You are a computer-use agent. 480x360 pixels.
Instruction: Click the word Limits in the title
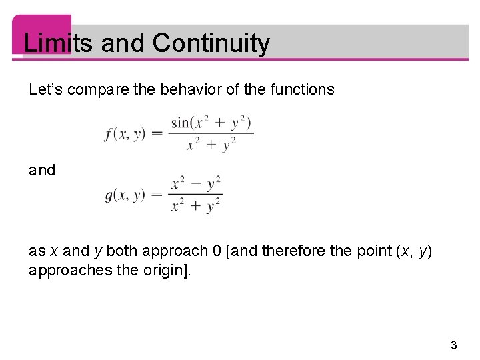coord(58,43)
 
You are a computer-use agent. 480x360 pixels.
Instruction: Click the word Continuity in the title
coord(211,43)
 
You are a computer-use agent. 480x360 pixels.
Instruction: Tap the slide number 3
coord(454,345)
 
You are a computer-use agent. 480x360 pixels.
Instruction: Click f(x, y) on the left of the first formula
coord(125,134)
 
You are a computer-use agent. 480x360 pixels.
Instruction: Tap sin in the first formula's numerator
coord(181,123)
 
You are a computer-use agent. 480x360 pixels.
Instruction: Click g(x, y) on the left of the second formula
coord(125,195)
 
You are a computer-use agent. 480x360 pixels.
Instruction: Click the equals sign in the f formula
coord(157,133)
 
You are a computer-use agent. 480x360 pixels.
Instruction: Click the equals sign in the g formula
coord(157,195)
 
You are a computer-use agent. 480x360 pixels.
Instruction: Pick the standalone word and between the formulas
coord(43,171)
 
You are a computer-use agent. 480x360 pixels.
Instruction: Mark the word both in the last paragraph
coord(120,251)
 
